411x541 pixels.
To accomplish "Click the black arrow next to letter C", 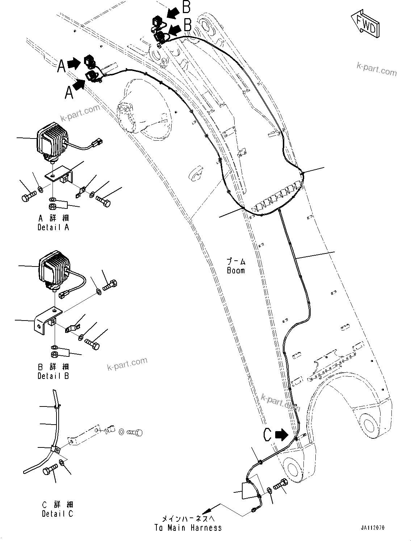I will coord(282,434).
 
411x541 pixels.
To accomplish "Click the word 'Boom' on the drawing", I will coord(236,270).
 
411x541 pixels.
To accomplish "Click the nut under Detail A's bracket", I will coord(53,207).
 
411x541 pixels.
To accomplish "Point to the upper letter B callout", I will coord(186,7).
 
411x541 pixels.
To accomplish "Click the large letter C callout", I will coord(267,434).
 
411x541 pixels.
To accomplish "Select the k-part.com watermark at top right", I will coord(377,69).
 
